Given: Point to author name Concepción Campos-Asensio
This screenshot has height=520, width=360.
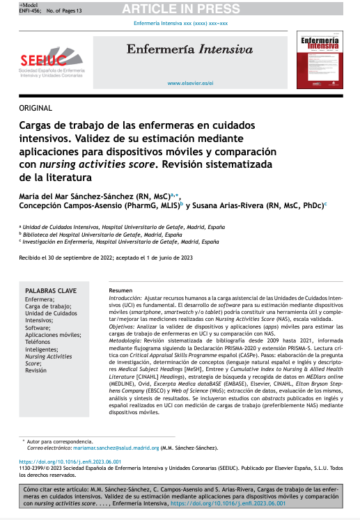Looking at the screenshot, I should (98, 205).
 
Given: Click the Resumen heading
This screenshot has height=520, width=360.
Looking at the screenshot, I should (120, 290).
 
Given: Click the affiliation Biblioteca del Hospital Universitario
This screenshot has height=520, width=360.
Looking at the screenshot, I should (91, 235).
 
